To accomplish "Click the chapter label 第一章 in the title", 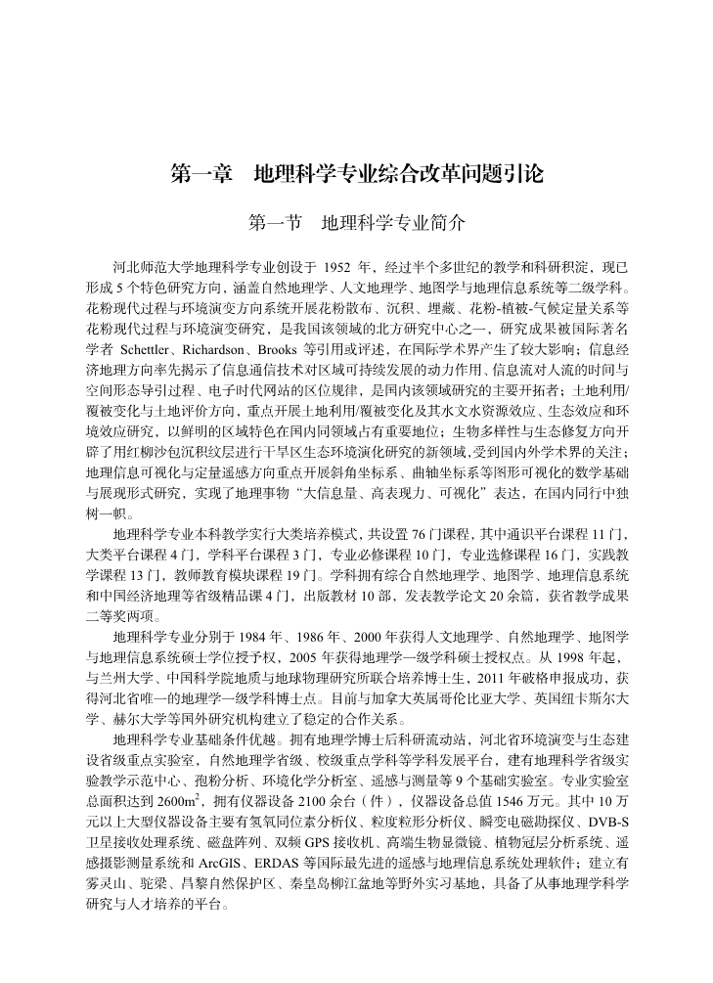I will pyautogui.click(x=201, y=175).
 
